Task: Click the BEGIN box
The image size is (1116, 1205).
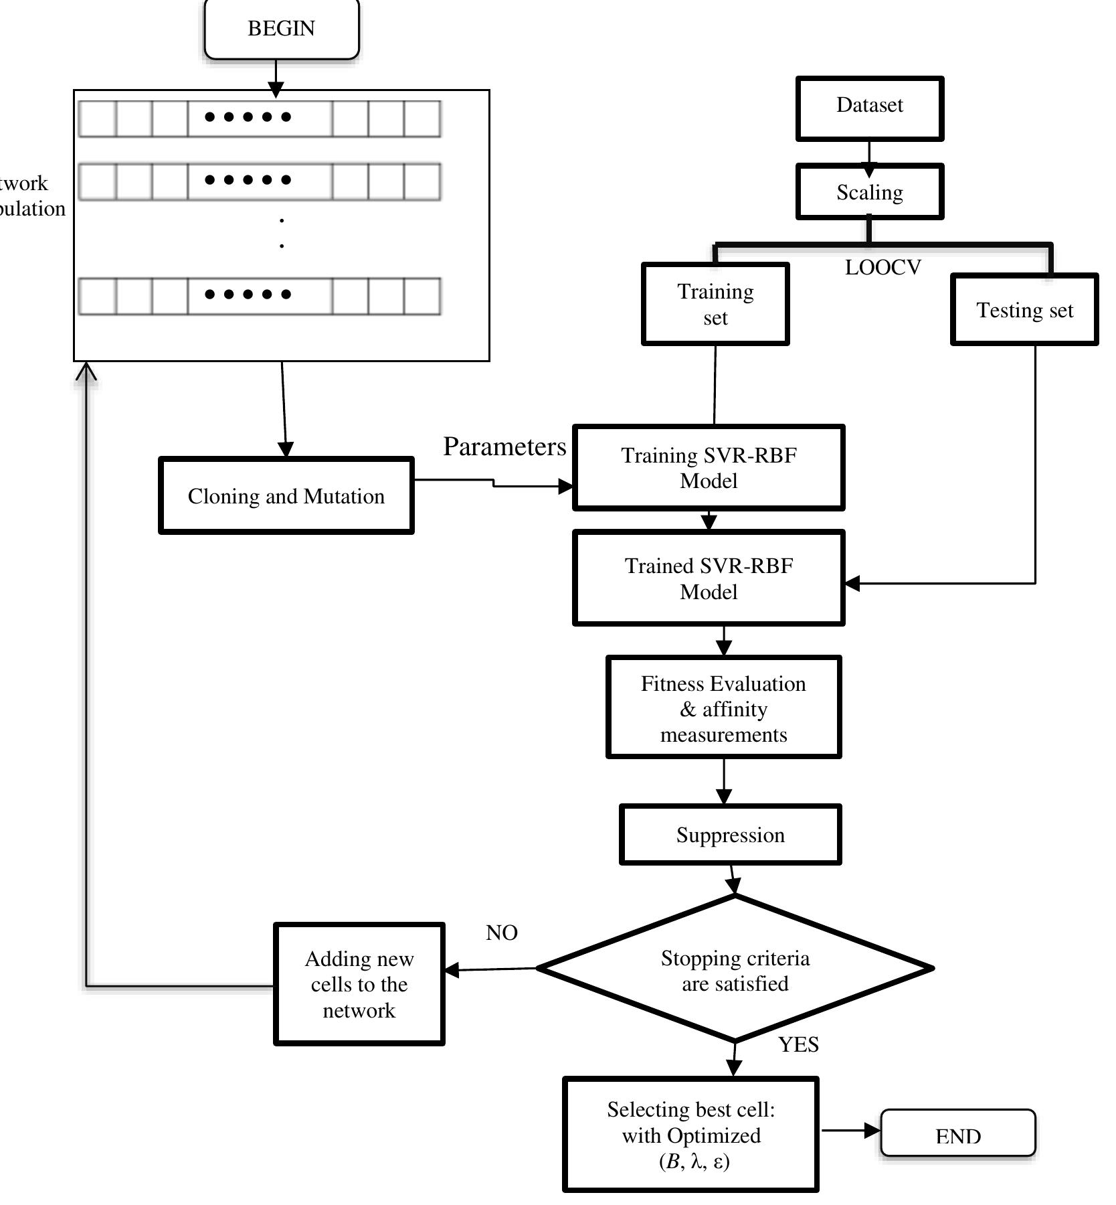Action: (282, 29)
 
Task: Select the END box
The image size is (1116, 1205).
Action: (957, 1136)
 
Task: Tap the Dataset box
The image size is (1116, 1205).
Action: (869, 107)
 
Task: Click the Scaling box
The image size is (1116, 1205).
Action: (869, 192)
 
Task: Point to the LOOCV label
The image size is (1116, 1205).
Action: (882, 268)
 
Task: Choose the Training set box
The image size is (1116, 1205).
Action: (715, 304)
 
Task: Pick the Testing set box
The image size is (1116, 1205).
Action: (1024, 310)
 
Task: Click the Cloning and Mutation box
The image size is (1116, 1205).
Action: (286, 496)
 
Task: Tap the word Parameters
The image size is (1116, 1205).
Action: (504, 447)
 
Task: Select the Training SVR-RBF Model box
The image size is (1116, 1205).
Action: (709, 467)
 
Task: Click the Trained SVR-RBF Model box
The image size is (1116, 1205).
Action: (709, 578)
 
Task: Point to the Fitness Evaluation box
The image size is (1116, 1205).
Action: (723, 708)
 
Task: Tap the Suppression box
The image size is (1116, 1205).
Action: (730, 835)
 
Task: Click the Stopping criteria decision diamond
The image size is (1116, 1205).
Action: (735, 970)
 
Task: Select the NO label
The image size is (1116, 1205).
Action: (501, 933)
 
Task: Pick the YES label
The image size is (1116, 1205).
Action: (798, 1044)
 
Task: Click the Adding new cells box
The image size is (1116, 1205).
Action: (359, 983)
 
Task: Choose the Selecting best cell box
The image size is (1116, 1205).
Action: (690, 1135)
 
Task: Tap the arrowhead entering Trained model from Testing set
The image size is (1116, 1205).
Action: (852, 583)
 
